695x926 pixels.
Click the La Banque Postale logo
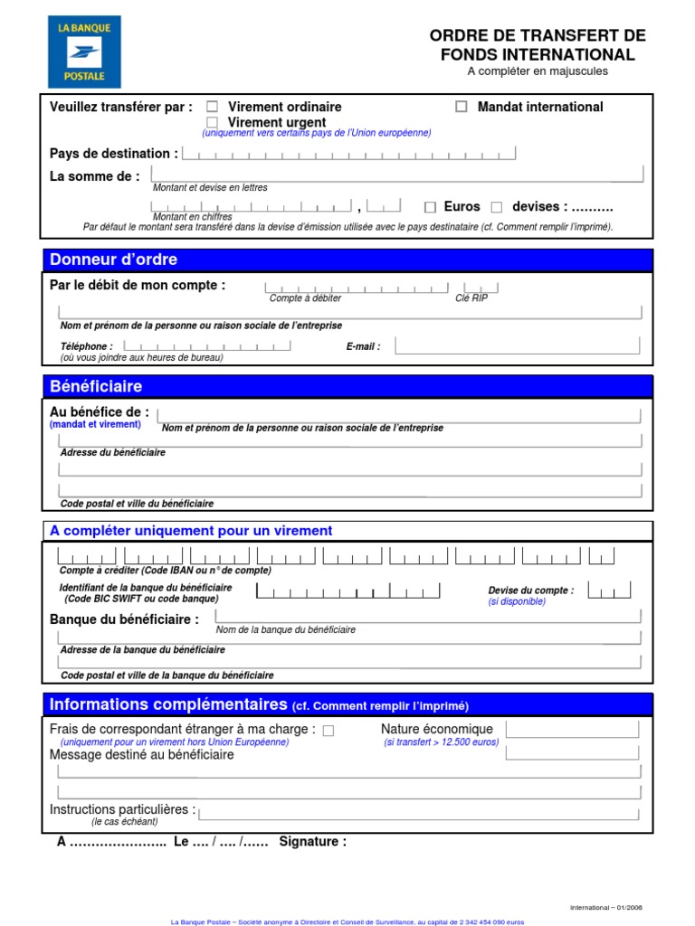[x=84, y=52]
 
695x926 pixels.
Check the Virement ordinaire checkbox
[x=213, y=107]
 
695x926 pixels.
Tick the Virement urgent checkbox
[x=213, y=121]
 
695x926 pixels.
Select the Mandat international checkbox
[x=462, y=107]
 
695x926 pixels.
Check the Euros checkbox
[x=430, y=207]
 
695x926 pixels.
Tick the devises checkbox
[x=496, y=207]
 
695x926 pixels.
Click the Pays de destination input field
[x=349, y=154]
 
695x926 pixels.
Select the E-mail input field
[x=518, y=345]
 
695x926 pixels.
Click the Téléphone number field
[x=206, y=345]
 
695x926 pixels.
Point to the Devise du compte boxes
[x=608, y=591]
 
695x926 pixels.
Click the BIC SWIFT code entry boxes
[x=348, y=591]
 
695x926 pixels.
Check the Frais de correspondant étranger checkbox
[x=328, y=731]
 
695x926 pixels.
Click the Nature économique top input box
[x=578, y=730]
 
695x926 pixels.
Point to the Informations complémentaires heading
[x=167, y=704]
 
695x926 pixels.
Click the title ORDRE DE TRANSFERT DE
[x=538, y=36]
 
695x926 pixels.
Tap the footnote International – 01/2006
[x=605, y=907]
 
